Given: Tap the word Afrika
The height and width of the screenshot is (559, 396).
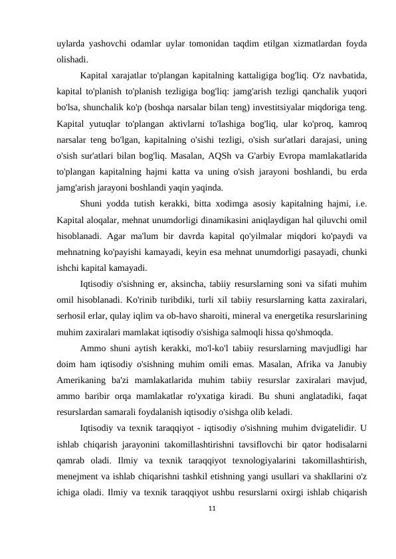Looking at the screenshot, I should tap(299, 365).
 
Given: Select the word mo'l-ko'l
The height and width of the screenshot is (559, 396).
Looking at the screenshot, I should tap(200, 348).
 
